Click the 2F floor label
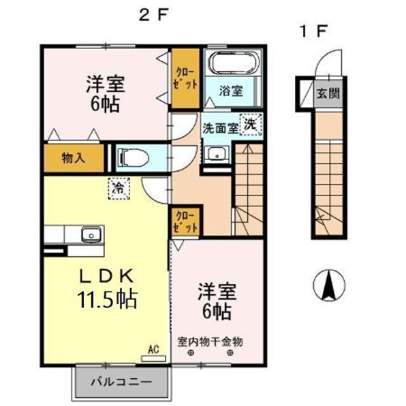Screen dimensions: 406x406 [x=150, y=14]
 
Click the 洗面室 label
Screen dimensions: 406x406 [x=219, y=128]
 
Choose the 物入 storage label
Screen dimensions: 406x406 [x=73, y=158]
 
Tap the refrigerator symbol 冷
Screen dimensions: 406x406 [x=118, y=189]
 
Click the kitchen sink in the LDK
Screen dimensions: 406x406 [x=88, y=236]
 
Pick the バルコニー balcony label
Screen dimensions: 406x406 [x=122, y=383]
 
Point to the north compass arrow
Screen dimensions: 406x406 [x=329, y=286]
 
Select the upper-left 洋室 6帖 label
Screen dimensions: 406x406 [x=106, y=91]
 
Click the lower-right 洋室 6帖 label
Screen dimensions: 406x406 [x=216, y=301]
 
